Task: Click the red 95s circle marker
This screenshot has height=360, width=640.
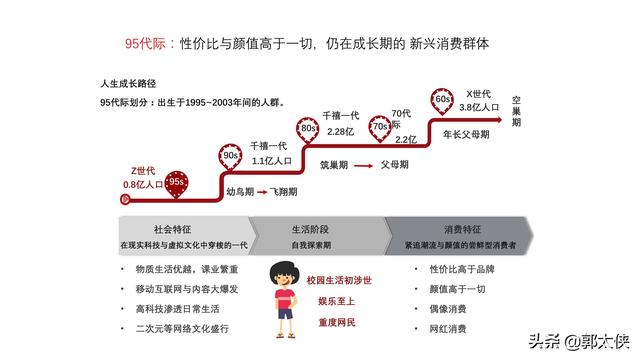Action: (x=176, y=182)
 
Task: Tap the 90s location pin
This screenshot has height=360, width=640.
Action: (x=230, y=155)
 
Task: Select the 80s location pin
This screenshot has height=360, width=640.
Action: (x=310, y=129)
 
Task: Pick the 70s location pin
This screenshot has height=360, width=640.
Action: (x=380, y=128)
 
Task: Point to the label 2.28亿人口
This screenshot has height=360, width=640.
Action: (x=341, y=131)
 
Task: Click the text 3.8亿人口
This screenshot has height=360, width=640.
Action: (x=479, y=106)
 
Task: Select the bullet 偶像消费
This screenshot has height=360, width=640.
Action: (x=448, y=308)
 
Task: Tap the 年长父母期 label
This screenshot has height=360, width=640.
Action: (x=466, y=133)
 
